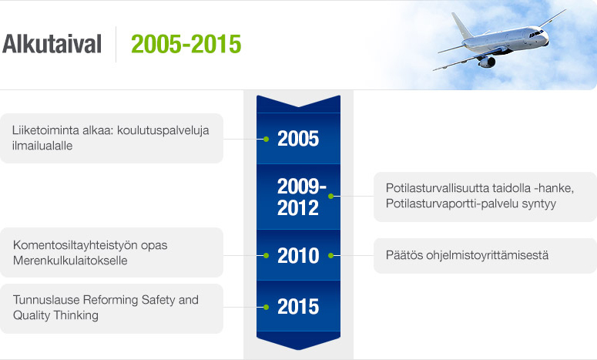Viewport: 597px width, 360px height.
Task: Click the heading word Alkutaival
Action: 52,44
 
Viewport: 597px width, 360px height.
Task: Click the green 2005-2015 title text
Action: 186,44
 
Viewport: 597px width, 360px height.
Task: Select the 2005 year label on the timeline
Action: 298,140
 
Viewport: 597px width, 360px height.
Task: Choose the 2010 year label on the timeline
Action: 298,255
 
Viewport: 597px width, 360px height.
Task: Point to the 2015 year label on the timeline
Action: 298,307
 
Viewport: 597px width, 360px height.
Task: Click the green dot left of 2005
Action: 266,140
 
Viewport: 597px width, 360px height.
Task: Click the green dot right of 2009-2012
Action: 331,197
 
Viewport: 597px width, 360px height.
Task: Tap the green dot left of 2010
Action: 266,255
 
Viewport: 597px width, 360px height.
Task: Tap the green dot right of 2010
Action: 331,255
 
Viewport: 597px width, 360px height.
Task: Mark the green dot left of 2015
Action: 266,307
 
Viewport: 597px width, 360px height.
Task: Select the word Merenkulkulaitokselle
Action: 70,261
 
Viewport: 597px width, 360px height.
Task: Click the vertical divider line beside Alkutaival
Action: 116,44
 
